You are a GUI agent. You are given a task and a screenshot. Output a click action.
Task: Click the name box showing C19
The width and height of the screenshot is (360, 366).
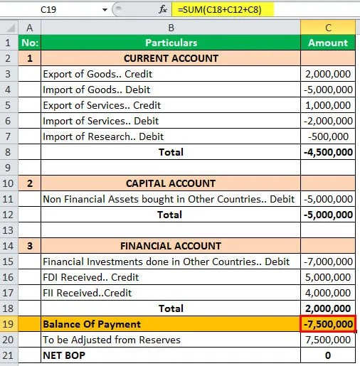[x=50, y=11]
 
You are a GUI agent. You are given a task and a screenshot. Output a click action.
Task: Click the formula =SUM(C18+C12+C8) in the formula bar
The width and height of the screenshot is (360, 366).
[x=214, y=11]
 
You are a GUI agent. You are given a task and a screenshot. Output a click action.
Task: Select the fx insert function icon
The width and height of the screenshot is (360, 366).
[x=164, y=11]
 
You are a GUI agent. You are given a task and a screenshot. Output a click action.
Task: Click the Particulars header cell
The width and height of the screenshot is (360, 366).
[x=171, y=43]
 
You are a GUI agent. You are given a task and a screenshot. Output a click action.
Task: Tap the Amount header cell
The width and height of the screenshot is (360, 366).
[x=328, y=43]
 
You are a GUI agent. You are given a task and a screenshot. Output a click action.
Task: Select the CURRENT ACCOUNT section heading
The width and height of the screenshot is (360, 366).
[x=171, y=58]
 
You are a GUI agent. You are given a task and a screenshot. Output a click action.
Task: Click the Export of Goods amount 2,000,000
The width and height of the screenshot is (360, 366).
[x=328, y=74]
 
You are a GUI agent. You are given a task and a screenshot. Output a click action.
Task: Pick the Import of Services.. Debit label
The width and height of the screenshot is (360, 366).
[x=101, y=121]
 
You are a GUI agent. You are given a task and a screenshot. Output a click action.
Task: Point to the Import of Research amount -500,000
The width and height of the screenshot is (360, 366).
[x=329, y=136]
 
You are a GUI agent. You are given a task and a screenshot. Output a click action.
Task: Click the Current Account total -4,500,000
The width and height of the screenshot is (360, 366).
[x=328, y=152]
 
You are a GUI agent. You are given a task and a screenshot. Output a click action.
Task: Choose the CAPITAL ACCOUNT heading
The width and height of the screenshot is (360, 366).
[x=171, y=183]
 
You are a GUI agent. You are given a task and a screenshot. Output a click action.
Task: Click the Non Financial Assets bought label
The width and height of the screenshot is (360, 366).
[x=169, y=199]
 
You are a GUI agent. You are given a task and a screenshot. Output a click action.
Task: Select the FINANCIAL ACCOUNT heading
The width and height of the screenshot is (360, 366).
[x=171, y=246]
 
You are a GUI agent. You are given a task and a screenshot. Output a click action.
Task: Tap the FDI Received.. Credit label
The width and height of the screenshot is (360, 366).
[x=91, y=277]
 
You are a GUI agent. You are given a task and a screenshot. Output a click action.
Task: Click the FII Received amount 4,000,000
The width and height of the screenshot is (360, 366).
[x=328, y=293]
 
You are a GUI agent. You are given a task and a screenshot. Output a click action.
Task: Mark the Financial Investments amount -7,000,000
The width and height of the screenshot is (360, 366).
[x=328, y=262]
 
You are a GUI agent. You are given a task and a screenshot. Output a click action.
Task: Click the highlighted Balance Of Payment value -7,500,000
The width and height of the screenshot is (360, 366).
[x=328, y=324]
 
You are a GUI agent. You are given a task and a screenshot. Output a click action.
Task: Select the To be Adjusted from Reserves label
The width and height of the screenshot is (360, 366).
[x=111, y=340]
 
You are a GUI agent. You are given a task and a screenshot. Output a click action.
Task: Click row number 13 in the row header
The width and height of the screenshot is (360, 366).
[x=10, y=230]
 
